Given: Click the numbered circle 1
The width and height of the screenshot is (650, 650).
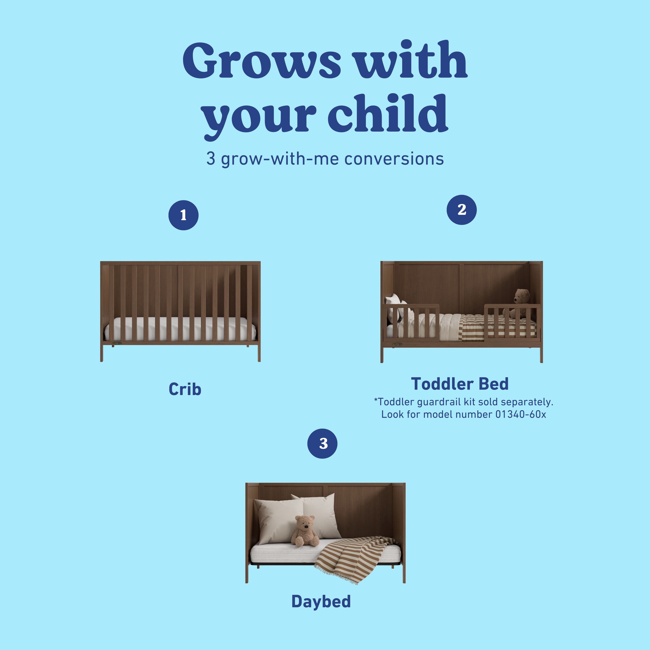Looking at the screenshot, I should [x=183, y=215].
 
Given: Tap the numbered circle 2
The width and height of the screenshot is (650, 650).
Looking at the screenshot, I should [x=462, y=210].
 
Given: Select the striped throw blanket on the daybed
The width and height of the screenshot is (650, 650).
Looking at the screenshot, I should [x=353, y=559].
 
